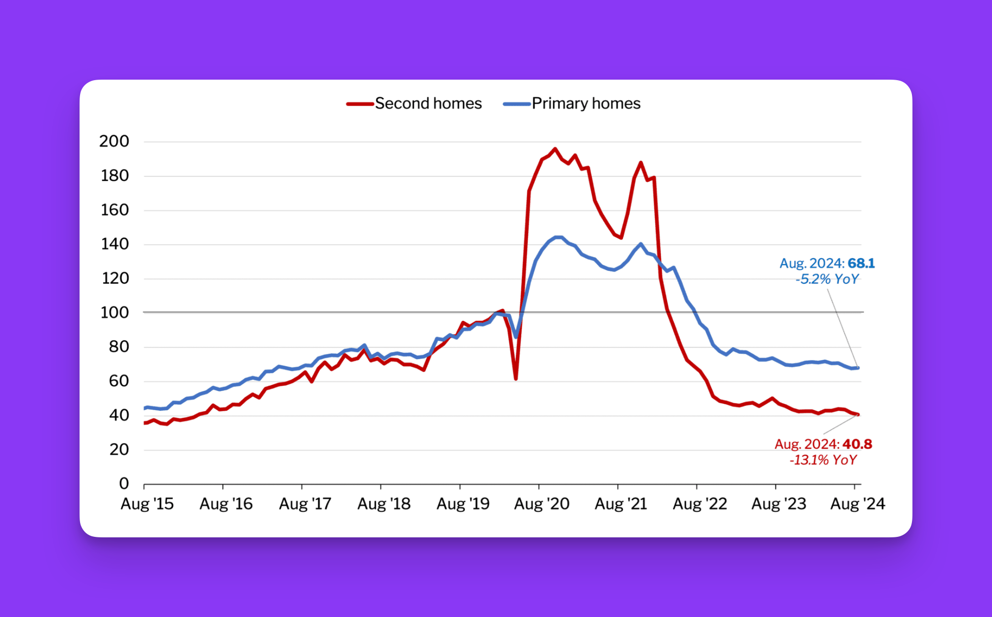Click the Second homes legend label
[x=428, y=103]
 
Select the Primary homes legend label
[x=586, y=103]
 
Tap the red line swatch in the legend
[x=360, y=104]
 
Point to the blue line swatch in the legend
[x=517, y=104]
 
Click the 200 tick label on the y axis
[x=114, y=141]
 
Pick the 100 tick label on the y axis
[x=115, y=313]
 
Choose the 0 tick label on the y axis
[x=124, y=483]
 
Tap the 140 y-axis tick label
[x=115, y=244]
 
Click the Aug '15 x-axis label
[x=147, y=504]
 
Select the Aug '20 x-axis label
[x=541, y=504]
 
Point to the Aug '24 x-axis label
[x=857, y=504]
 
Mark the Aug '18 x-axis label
[x=384, y=504]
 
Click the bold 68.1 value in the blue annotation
[x=861, y=263]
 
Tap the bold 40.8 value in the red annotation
[x=857, y=444]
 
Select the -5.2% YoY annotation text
[x=827, y=279]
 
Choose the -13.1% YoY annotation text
[x=823, y=460]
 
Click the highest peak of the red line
[x=555, y=149]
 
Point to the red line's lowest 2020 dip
[x=516, y=379]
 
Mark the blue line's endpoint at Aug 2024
[x=858, y=368]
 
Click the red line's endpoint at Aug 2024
[x=858, y=414]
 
